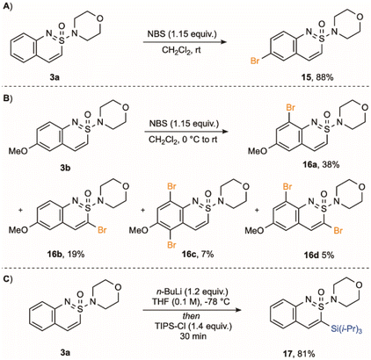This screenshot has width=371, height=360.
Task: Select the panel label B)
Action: [6, 98]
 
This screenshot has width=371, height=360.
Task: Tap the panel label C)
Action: [6, 279]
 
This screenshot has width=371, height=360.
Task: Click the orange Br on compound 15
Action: [255, 61]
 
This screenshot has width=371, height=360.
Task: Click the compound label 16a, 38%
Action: [321, 165]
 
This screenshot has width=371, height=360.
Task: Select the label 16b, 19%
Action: [66, 254]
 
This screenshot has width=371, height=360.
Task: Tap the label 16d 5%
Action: [318, 255]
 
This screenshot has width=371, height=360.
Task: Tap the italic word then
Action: [193, 317]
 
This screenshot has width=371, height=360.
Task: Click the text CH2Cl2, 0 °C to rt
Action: [183, 140]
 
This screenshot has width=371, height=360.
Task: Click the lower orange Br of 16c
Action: [172, 245]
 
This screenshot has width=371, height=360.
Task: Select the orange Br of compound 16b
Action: [102, 230]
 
